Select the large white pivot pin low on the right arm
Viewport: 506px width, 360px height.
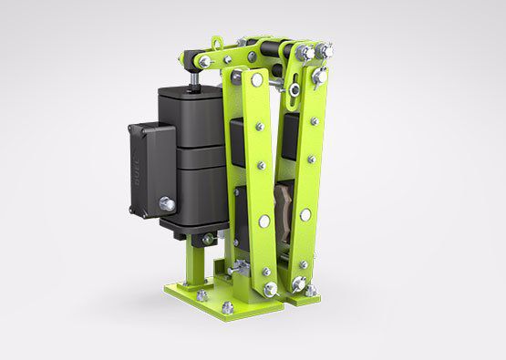click(x=306, y=215)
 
